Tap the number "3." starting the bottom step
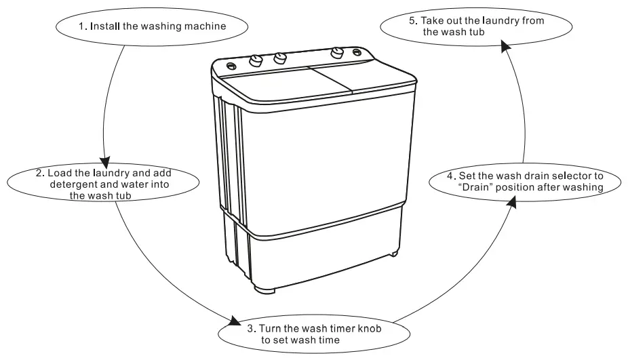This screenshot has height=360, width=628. click(251, 329)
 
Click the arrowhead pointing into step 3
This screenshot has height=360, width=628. click(235, 321)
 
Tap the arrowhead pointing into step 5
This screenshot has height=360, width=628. click(505, 45)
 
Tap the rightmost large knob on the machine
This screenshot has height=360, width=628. click(337, 54)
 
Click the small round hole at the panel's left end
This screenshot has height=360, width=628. click(231, 66)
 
